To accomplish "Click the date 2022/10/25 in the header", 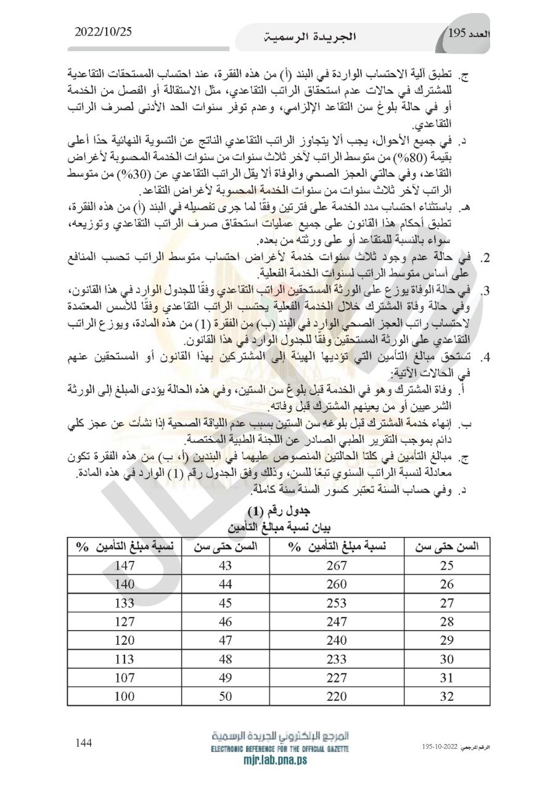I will [104, 31].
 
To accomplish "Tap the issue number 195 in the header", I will [459, 33].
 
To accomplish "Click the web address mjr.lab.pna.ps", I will [281, 760].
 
